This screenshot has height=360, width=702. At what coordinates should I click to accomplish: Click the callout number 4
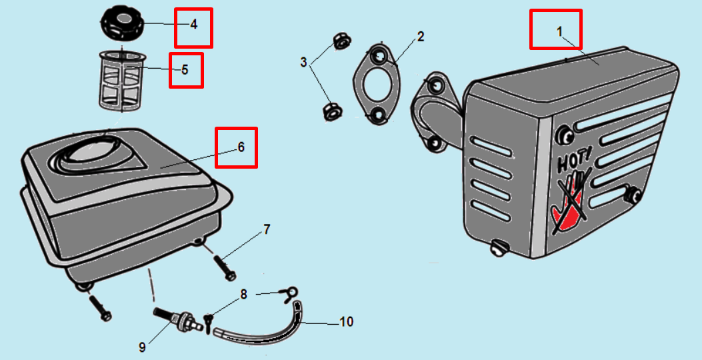[x=193, y=25]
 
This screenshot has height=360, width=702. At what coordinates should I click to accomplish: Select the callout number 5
[x=185, y=69]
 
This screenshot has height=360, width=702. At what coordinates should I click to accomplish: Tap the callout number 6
[x=241, y=146]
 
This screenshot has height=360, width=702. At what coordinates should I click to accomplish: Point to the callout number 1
[x=559, y=31]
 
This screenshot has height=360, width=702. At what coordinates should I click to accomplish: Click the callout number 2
[x=421, y=37]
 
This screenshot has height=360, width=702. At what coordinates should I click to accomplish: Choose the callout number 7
[x=267, y=230]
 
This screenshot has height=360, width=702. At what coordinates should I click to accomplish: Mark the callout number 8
[x=243, y=294]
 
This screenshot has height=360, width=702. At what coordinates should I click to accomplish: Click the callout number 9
[x=142, y=347]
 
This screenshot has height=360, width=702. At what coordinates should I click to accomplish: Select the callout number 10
[x=346, y=323]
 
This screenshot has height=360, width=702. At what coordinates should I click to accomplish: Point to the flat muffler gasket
[x=376, y=84]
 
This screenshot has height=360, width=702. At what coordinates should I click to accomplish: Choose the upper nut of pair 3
[x=341, y=41]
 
